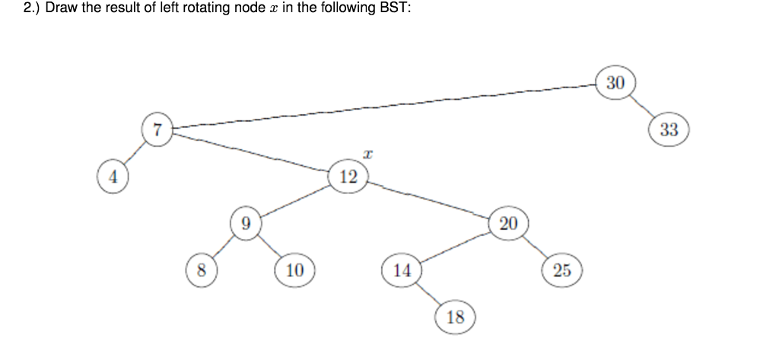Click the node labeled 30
[615, 83]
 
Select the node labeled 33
[669, 130]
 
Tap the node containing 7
[157, 129]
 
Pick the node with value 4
[113, 177]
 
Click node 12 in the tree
[348, 177]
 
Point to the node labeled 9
[245, 224]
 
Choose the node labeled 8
[201, 270]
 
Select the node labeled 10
[294, 270]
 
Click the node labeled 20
[508, 223]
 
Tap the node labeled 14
[402, 270]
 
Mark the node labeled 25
[562, 270]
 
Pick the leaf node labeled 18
[455, 317]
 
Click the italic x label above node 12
[367, 155]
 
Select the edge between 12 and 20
[430, 200]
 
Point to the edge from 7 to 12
[251, 153]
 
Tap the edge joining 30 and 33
[642, 107]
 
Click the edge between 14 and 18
[428, 294]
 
